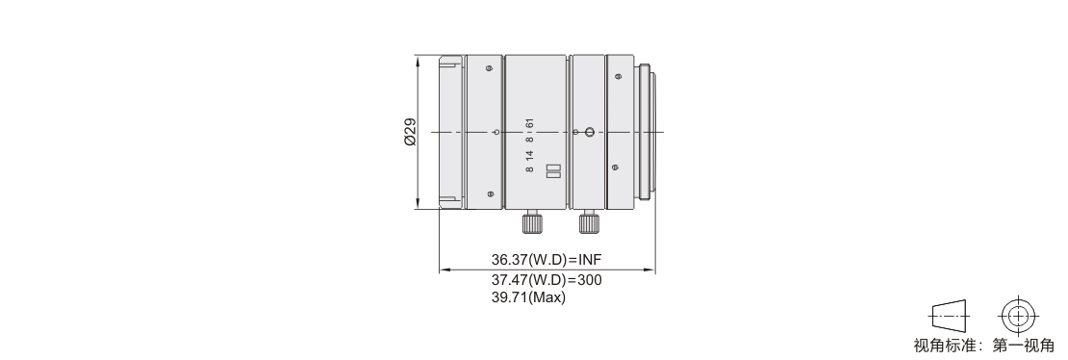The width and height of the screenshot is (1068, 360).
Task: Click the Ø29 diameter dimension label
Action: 410,132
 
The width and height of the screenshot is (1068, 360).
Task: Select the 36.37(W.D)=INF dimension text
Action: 547,259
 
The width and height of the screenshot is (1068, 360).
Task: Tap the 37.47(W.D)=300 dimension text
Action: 547,279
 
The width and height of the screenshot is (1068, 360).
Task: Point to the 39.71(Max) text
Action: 528,297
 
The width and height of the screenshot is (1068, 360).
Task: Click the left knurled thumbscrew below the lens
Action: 532,222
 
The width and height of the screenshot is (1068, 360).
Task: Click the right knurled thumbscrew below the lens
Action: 589,222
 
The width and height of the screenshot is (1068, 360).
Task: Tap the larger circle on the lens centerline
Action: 591,132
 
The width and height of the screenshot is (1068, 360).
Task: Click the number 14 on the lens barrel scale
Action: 530,154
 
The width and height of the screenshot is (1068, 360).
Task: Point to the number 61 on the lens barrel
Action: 530,123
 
